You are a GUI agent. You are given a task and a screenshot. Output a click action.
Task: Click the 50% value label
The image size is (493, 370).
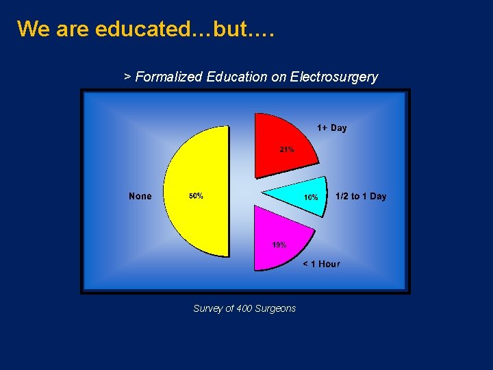(x=195, y=196)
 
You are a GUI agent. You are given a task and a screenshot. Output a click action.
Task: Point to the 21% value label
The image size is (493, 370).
(x=286, y=149)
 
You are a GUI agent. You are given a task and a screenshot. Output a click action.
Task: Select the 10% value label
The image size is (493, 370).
(x=310, y=197)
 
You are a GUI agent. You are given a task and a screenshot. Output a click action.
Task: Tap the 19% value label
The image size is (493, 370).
(x=279, y=245)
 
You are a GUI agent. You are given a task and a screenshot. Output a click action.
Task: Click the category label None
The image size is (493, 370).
(x=140, y=197)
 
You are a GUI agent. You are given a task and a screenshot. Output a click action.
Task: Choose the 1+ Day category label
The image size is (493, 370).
(x=331, y=128)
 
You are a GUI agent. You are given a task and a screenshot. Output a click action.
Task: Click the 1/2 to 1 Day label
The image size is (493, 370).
(x=361, y=197)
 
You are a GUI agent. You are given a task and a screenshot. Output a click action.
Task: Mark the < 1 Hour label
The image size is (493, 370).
(x=321, y=264)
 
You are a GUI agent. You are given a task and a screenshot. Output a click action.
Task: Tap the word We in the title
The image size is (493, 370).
(x=31, y=29)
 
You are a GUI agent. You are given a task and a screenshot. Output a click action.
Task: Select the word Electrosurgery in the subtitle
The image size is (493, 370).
(x=334, y=77)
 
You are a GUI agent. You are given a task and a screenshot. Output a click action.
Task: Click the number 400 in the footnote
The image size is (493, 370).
(x=244, y=308)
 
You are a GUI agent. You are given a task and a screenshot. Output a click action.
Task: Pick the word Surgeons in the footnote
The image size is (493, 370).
(x=275, y=308)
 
